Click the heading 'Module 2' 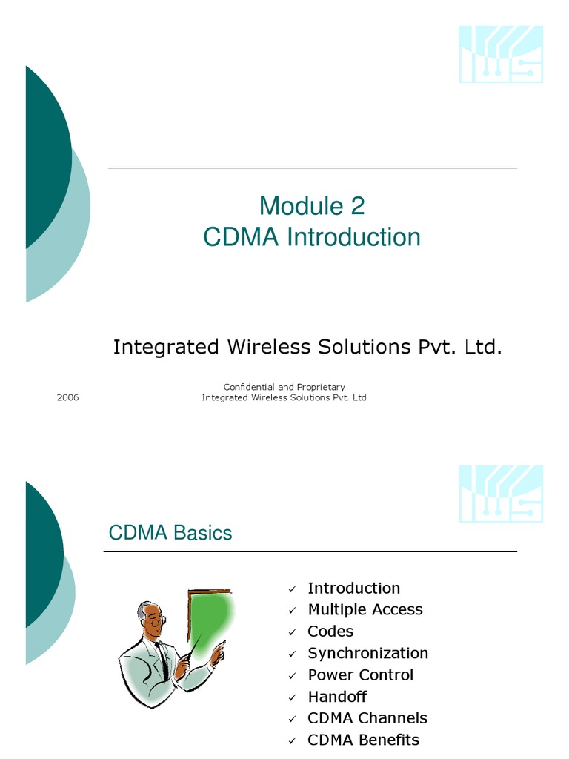pos(312,205)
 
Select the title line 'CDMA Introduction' pos(312,237)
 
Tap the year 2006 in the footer pos(67,397)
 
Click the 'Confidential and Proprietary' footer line pos(284,387)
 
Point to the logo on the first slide pos(501,54)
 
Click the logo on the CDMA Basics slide pos(501,494)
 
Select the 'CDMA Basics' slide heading pos(170,533)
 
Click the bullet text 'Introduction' pos(353,588)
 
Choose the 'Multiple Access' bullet pos(365,609)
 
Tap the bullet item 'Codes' pos(330,631)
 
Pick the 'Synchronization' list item pos(367,653)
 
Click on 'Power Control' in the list pos(360,675)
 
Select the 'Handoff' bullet pos(337,697)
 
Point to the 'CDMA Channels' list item pos(367,718)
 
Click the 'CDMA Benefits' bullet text pos(363,740)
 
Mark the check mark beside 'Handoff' pos(293,697)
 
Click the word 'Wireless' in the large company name pos(279,347)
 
